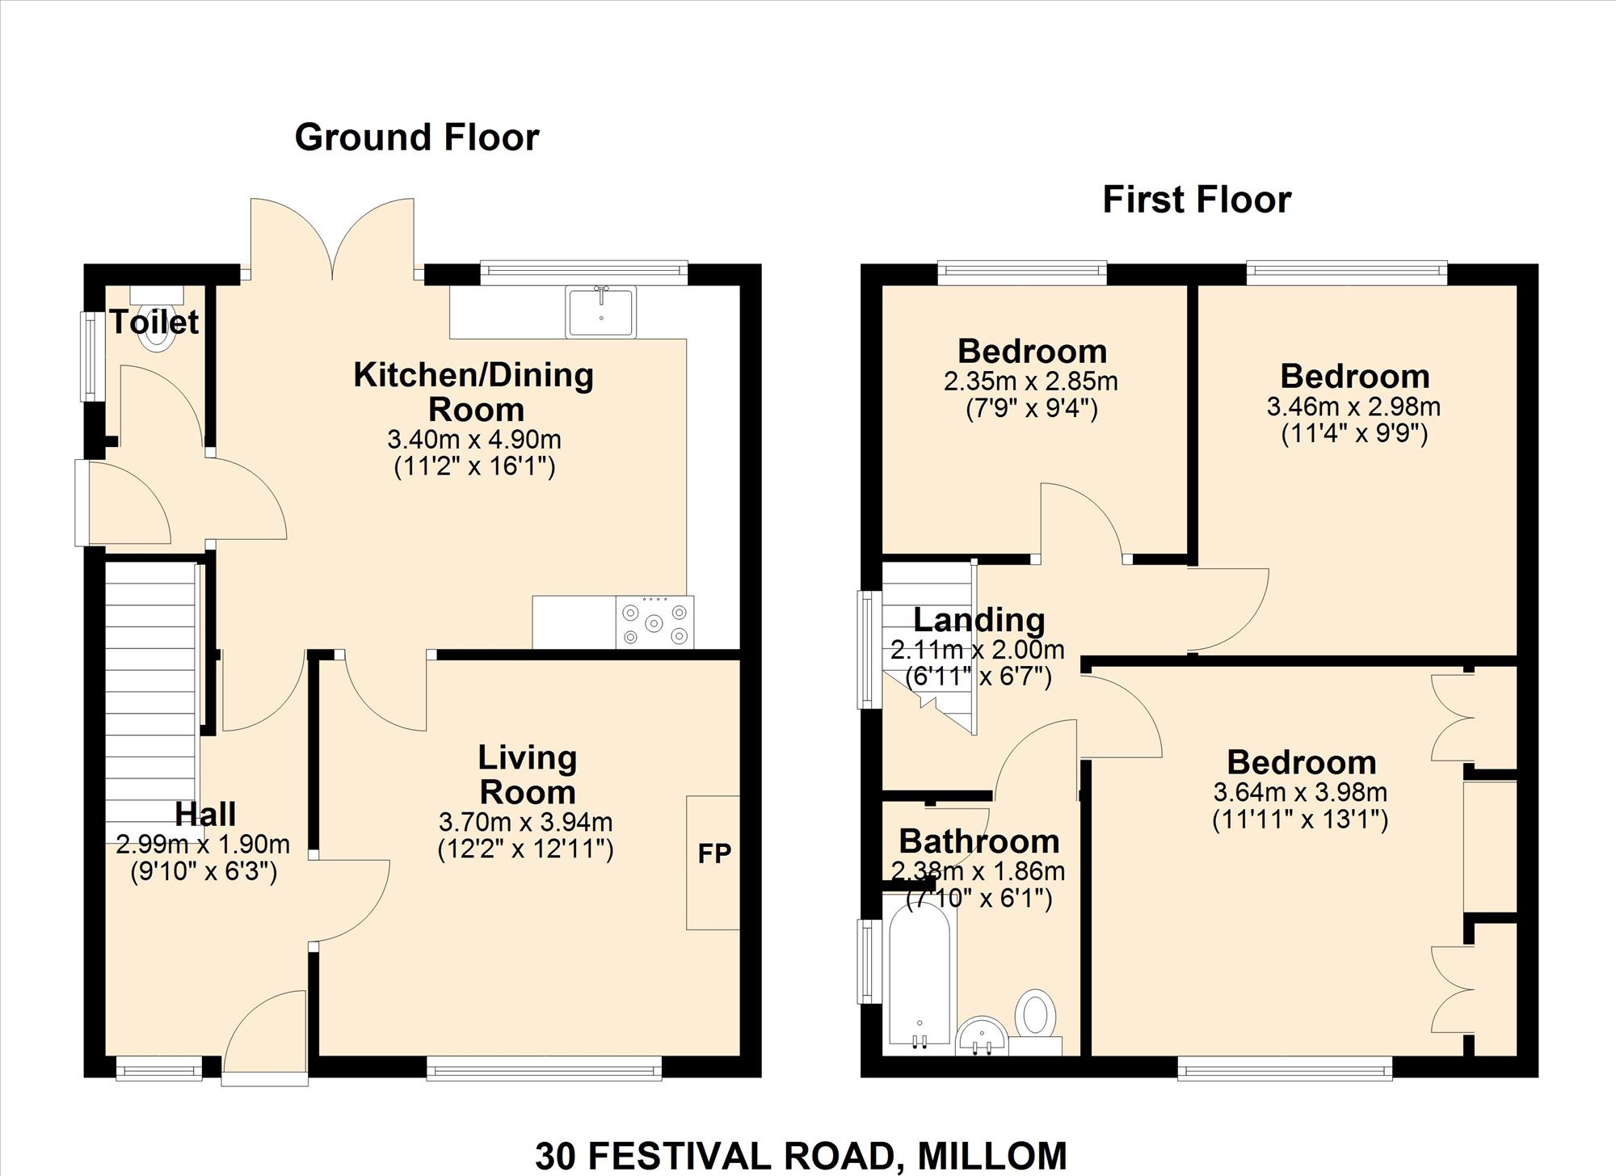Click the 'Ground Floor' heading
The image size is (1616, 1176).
[x=417, y=137]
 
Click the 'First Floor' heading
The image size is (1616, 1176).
[x=1197, y=200]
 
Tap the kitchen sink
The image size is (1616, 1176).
[x=601, y=311]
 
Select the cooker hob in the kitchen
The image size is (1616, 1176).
[x=654, y=622]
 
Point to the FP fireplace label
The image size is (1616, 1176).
[x=714, y=854]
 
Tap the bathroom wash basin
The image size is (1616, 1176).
[x=981, y=1035]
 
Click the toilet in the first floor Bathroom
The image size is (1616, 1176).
[x=1035, y=1022]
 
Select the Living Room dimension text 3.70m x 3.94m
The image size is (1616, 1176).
[x=525, y=823]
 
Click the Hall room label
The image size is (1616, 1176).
[x=206, y=814]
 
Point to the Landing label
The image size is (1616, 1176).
[x=979, y=620]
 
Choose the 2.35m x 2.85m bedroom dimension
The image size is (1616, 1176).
[x=1031, y=381]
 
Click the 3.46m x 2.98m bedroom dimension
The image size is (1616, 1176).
[x=1354, y=406]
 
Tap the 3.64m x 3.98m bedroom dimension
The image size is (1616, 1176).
[x=1300, y=792]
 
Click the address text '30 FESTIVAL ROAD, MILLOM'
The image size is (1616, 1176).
[x=801, y=1155]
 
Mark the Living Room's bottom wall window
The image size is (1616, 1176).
[x=545, y=1069]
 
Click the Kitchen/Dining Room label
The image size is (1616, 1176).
[x=474, y=392]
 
